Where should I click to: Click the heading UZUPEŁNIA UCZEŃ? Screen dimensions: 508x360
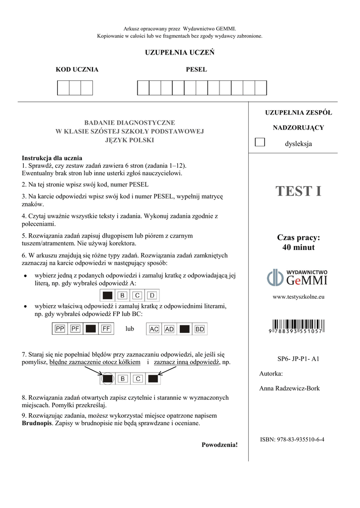pos(179,53)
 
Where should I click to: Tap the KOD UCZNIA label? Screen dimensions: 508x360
pos(76,69)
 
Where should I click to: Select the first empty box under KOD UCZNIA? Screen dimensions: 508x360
pos(63,87)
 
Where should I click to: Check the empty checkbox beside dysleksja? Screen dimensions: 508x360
pos(259,142)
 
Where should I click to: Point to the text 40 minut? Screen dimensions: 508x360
pos(298,247)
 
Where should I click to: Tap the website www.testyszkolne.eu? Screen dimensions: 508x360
pos(298,297)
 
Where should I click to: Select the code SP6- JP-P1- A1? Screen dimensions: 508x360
pos(298,358)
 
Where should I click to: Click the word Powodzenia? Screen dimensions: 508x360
pos(219,444)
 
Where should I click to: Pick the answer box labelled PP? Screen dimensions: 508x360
pos(61,328)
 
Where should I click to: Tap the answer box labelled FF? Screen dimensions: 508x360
pos(106,328)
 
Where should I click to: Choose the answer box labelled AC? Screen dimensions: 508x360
pos(154,328)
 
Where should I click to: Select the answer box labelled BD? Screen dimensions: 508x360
pos(199,328)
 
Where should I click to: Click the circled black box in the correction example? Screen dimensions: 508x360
pos(107,379)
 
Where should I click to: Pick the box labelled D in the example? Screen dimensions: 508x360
pos(152,296)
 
